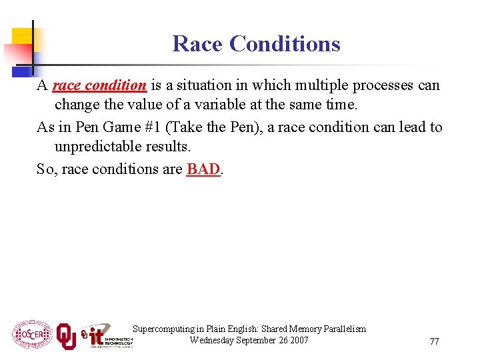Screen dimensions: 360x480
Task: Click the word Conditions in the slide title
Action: (285, 44)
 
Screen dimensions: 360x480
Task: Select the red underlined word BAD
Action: (203, 169)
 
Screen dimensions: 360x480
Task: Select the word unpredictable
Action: (98, 147)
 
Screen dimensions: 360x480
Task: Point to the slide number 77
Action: (434, 341)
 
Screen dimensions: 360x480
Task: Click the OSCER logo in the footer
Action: (31, 333)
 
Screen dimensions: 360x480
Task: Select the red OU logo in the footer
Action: (66, 335)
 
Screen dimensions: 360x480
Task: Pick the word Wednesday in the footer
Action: (213, 341)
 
